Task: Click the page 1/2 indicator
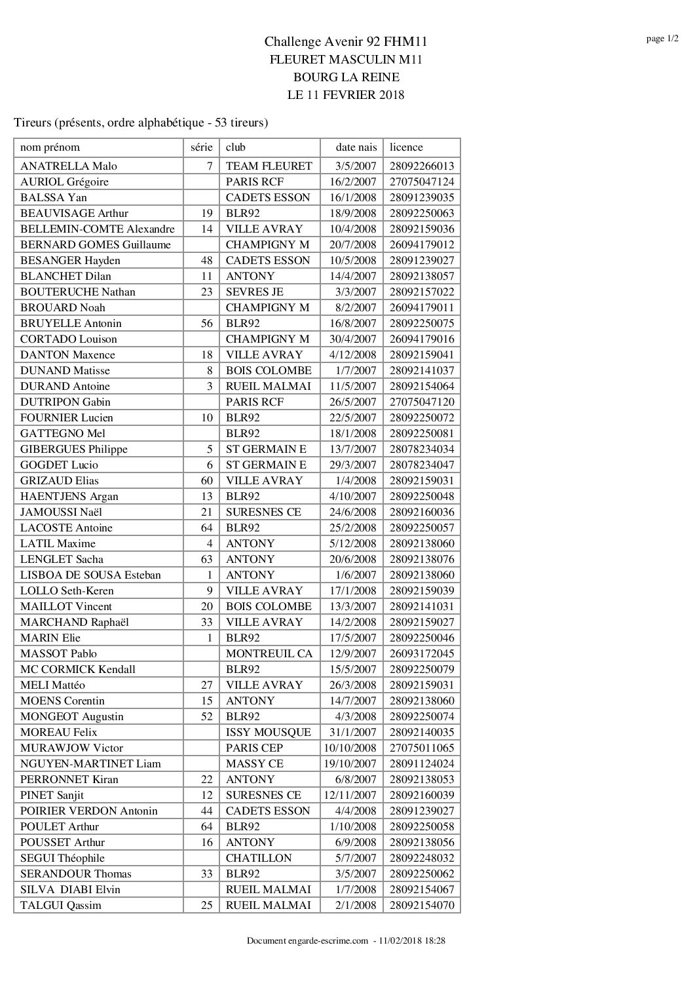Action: (662, 39)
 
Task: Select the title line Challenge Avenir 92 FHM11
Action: (346, 42)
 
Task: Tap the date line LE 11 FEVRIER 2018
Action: (346, 94)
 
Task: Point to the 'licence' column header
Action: (406, 147)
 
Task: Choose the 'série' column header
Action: (201, 147)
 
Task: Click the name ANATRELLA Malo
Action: (69, 166)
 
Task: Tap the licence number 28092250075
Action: (421, 323)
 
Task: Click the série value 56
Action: (206, 323)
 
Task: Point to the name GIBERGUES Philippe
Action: (74, 449)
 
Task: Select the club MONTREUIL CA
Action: (269, 653)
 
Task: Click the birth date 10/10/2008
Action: (350, 748)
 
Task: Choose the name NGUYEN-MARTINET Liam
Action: (90, 763)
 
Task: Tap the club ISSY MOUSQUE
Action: (268, 732)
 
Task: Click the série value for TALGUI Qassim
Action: (206, 905)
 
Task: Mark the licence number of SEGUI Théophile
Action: (421, 858)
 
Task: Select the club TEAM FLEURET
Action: (269, 166)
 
